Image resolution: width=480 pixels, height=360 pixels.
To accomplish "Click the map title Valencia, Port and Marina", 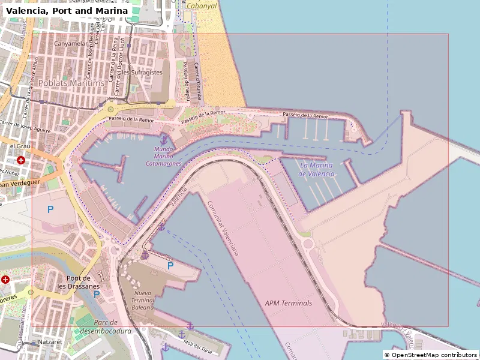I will (x=67, y=11).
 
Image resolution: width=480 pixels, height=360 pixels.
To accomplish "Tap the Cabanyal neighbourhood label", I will (x=202, y=5).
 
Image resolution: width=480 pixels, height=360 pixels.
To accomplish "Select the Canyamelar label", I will (x=70, y=43).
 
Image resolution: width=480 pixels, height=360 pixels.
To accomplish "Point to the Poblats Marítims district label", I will (x=71, y=83).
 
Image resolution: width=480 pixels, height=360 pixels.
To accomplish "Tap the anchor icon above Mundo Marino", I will (x=164, y=140).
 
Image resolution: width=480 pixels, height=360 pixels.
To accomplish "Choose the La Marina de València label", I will (x=317, y=170).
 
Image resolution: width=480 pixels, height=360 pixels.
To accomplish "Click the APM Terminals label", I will (x=289, y=303).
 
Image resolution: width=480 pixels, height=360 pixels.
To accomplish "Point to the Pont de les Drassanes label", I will (x=78, y=282).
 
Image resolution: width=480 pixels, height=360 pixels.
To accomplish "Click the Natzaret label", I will (x=50, y=341).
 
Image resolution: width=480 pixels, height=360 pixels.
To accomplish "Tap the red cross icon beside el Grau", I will (x=21, y=160).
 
